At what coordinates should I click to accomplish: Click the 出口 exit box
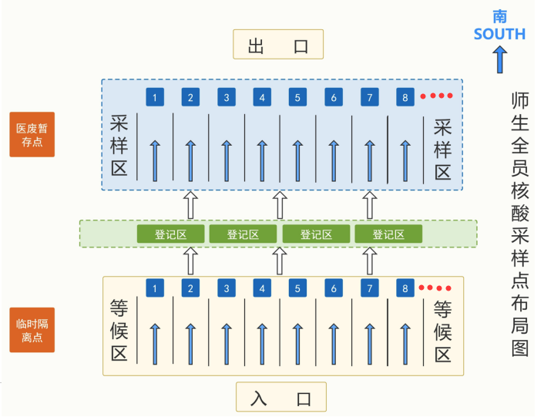click(x=278, y=45)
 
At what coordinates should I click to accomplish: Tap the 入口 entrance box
click(x=281, y=398)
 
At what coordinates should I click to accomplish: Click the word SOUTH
click(x=499, y=34)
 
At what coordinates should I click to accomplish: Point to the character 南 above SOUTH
click(x=500, y=15)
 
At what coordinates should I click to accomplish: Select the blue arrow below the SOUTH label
click(x=499, y=59)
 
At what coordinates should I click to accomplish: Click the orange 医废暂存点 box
click(x=32, y=135)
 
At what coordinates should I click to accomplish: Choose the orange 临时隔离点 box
click(x=32, y=330)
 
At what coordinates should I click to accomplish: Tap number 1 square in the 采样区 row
click(x=156, y=97)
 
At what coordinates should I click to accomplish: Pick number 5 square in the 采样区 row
click(x=298, y=97)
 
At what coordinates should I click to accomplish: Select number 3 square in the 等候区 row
click(x=227, y=288)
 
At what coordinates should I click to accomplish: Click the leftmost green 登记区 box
click(x=170, y=234)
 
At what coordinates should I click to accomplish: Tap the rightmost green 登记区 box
click(x=388, y=234)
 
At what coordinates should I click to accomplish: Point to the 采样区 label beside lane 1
click(x=119, y=146)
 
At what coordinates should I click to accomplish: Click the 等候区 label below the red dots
click(x=442, y=331)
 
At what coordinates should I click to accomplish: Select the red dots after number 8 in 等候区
click(x=435, y=288)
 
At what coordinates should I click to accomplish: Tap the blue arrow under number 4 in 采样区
click(x=263, y=160)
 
